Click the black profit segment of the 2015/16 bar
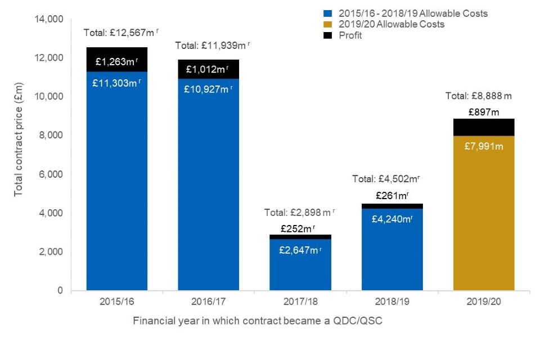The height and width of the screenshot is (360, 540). [117, 60]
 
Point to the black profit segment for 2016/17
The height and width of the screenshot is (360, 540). [209, 69]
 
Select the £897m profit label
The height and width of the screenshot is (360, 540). [483, 112]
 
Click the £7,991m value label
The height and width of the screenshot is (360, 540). [483, 146]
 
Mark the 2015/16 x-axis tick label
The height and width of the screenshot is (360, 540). [117, 302]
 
